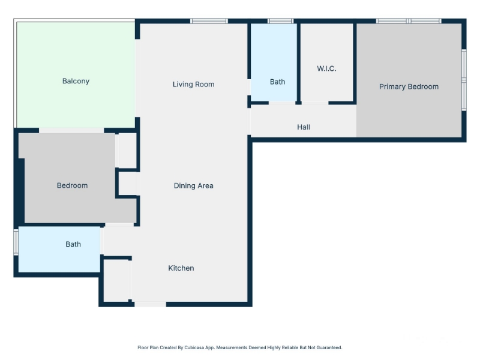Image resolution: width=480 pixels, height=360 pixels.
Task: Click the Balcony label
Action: point(76,81)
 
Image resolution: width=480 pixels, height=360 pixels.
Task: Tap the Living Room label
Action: point(193,84)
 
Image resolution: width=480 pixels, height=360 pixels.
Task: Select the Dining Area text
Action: point(193,185)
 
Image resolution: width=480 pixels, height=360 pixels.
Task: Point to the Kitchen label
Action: point(181,268)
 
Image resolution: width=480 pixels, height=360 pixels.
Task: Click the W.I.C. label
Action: point(326,68)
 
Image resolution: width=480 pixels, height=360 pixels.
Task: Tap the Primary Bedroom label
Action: point(409,86)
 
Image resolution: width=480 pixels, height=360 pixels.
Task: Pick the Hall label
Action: point(304,127)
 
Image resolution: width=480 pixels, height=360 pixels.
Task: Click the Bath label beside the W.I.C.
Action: point(277,82)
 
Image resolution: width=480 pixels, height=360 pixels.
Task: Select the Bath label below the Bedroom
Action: point(73,244)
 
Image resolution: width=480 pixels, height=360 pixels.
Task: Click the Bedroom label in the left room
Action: point(72,185)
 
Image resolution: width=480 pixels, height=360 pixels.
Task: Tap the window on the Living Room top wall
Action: point(209,21)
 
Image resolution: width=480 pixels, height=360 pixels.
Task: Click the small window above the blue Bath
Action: point(280,21)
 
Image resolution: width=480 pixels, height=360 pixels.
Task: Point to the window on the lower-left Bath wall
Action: point(16,242)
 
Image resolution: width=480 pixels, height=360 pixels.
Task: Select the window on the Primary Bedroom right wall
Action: point(464,80)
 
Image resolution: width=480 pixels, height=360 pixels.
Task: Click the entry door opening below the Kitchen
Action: point(150,304)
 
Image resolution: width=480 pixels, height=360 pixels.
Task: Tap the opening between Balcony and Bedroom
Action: point(71,130)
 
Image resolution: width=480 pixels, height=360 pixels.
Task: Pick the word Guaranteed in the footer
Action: point(329,347)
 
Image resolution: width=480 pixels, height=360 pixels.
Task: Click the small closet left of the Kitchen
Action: point(116,281)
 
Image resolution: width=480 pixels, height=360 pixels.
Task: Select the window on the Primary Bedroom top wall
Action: point(409,21)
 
